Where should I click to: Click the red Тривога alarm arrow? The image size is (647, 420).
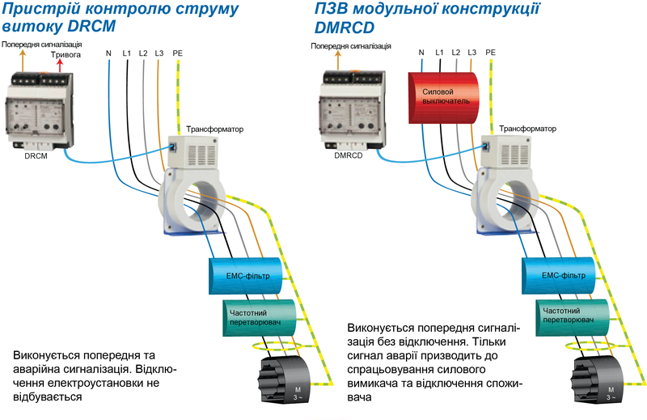(60, 66)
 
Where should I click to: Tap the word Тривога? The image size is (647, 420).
(66, 54)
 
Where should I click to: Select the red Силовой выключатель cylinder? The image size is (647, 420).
(443, 98)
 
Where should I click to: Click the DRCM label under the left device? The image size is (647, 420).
(36, 156)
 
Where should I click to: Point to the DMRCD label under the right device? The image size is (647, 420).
(349, 155)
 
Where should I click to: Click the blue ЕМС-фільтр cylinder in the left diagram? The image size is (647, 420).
(246, 276)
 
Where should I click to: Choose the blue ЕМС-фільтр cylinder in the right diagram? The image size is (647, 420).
(559, 275)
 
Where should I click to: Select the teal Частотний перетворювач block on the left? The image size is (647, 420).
(260, 318)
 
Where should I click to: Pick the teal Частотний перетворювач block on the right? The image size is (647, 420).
(573, 317)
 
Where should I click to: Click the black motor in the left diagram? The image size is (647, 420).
(284, 380)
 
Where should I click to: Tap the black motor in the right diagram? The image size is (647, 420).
(597, 380)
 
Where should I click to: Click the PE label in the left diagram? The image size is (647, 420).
(177, 53)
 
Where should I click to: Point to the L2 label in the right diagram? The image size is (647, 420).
(455, 53)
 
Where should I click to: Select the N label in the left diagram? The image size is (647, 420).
(108, 53)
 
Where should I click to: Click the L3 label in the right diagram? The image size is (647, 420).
(472, 53)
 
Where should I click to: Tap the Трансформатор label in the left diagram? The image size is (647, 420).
(214, 129)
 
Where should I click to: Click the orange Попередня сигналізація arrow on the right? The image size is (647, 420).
(338, 61)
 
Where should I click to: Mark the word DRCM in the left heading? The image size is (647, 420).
(91, 26)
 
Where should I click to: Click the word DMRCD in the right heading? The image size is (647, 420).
(345, 28)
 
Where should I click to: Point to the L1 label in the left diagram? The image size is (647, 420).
(127, 53)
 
